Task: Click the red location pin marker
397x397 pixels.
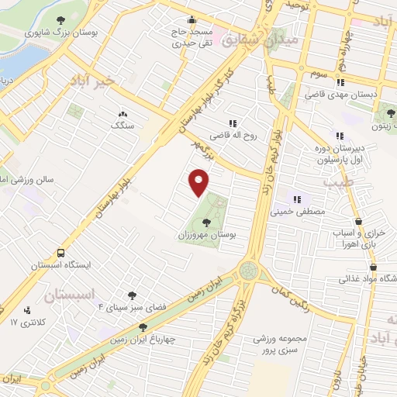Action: click(x=200, y=182)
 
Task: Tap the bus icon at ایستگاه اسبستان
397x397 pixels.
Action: click(x=60, y=253)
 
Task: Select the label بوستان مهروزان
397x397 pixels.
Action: click(x=205, y=233)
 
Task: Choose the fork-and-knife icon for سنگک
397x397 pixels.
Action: click(x=122, y=113)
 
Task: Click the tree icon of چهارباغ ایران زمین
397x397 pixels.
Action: click(x=142, y=327)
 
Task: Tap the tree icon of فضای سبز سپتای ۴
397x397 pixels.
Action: click(x=130, y=295)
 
